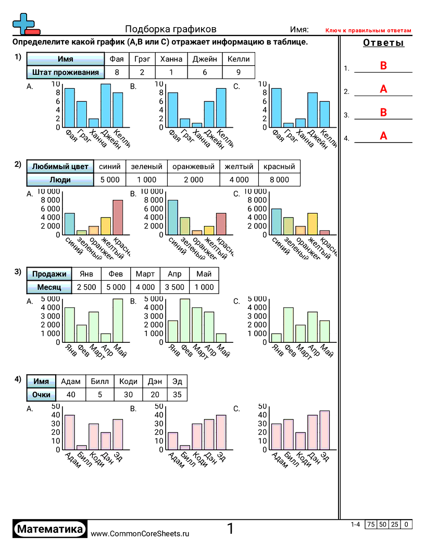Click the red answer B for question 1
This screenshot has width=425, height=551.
[383, 66]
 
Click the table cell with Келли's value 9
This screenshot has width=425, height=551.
[238, 73]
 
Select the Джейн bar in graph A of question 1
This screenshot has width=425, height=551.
[106, 105]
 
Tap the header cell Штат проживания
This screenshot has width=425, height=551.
[65, 73]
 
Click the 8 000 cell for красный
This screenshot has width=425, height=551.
[279, 179]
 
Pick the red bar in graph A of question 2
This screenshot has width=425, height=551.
[118, 218]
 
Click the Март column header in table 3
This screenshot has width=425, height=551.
[145, 274]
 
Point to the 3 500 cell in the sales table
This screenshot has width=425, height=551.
[174, 287]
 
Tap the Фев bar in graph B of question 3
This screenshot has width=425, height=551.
[185, 320]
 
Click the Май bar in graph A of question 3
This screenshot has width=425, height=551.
[118, 320]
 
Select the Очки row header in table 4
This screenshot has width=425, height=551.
[41, 394]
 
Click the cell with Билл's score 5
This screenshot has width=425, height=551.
[99, 394]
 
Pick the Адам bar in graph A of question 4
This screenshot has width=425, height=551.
[69, 432]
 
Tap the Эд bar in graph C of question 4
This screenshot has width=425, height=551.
[324, 430]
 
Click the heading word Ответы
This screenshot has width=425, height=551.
[383, 43]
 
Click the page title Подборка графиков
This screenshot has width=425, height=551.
[171, 29]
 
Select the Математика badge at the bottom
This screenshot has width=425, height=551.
[50, 529]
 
